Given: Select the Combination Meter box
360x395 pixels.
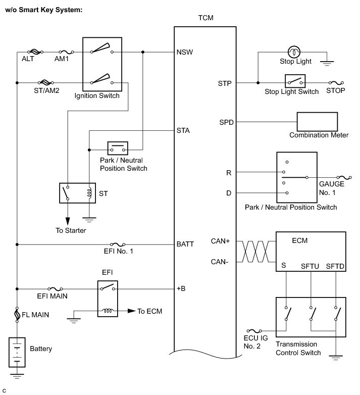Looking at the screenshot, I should coord(318,121).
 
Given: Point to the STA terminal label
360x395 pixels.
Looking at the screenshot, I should coord(183,130).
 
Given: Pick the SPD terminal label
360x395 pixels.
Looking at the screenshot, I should coord(226,122).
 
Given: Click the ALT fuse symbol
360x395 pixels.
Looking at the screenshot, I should coord(34,52).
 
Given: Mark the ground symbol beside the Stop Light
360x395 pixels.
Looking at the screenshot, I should coord(327,63).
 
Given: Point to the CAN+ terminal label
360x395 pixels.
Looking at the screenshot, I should coord(221,241).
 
